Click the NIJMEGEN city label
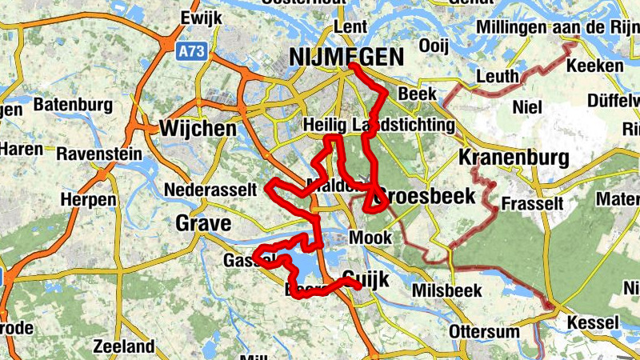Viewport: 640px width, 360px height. point(346,57)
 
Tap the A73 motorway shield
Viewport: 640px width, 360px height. point(188,51)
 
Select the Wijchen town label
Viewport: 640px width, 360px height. point(198,128)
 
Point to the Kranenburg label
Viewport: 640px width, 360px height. point(514,157)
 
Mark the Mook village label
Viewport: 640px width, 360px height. point(371,238)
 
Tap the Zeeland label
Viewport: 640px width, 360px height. point(123,346)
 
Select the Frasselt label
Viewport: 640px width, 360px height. point(532,204)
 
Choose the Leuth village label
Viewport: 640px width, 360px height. point(498,76)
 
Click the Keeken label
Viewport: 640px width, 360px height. point(594,66)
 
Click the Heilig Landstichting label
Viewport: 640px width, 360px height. point(379,126)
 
